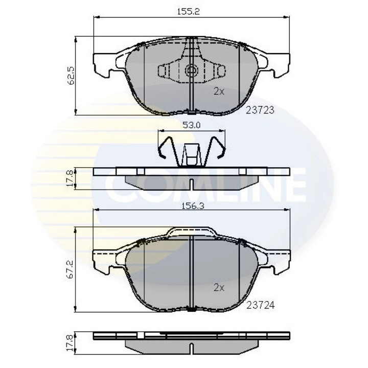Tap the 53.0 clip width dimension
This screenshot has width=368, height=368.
pyautogui.click(x=191, y=123)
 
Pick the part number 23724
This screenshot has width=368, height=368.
pyautogui.click(x=261, y=305)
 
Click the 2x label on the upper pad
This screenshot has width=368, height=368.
pyautogui.click(x=219, y=91)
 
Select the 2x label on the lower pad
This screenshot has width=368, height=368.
pyautogui.click(x=219, y=288)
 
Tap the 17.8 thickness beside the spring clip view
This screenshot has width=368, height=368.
pyautogui.click(x=71, y=179)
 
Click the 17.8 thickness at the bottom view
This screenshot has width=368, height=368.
pyautogui.click(x=71, y=341)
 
